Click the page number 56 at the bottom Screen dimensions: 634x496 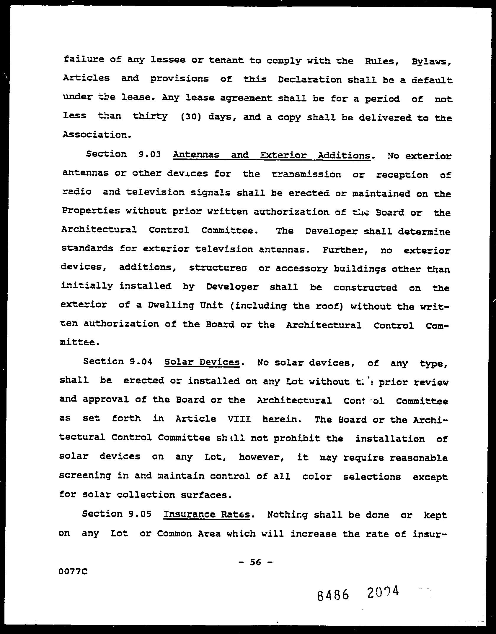coord(255,562)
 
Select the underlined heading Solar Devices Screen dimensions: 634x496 coord(202,362)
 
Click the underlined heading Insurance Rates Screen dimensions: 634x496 coord(207,515)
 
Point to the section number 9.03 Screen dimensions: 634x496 coord(149,154)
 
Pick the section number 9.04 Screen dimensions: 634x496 coord(141,362)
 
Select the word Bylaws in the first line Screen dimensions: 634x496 coord(431,62)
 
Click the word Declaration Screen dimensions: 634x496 coord(310,80)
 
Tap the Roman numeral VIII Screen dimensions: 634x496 coord(239,419)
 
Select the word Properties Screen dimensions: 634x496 coord(91,211)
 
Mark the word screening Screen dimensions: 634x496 coord(85,475)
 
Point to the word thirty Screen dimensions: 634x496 coord(150,116)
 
